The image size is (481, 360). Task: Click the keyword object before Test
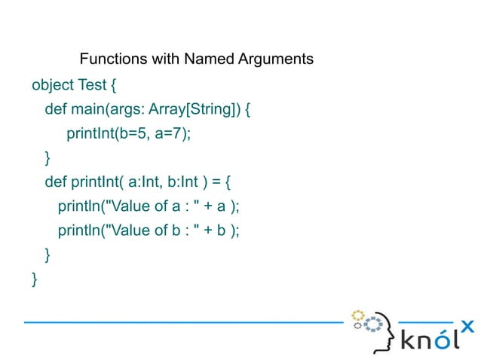53,84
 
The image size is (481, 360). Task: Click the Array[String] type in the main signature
194,109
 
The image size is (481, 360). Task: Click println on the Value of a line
81,206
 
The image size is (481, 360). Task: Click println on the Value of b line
81,230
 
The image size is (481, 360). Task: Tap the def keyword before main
55,109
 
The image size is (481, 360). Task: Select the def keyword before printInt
55,182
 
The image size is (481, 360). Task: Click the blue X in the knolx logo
467,326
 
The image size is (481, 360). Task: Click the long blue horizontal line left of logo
181,322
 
